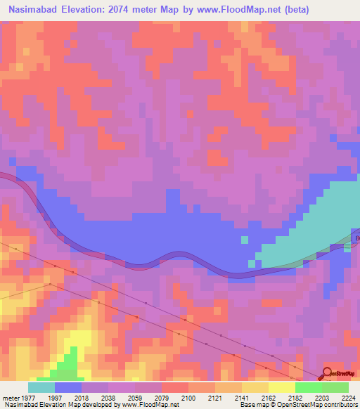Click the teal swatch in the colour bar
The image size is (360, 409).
(x=41, y=387)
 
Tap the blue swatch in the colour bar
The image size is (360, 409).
(x=68, y=387)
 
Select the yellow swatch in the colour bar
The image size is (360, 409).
(x=282, y=387)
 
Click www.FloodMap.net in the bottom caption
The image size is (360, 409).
(x=148, y=405)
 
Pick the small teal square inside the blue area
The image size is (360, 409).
(x=244, y=240)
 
